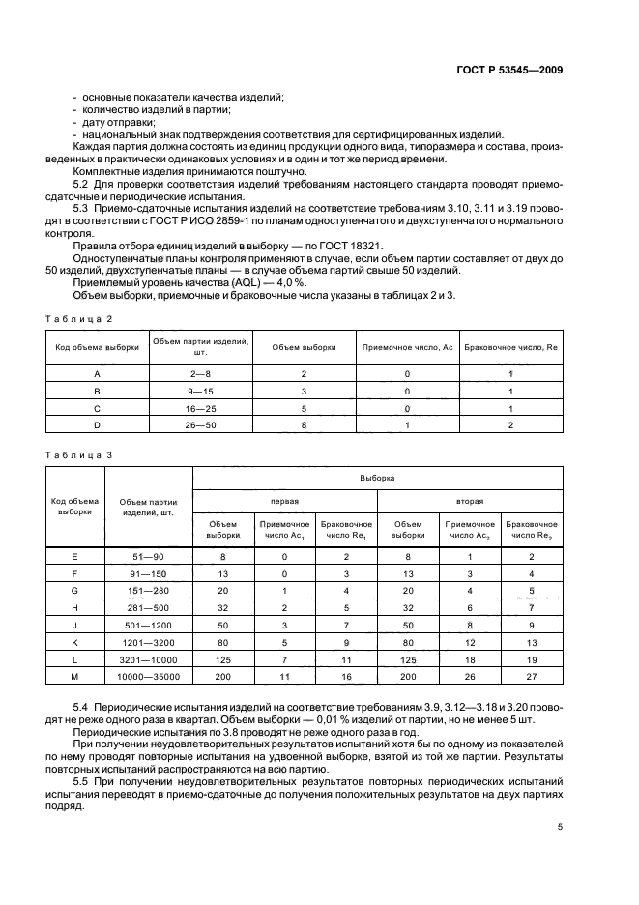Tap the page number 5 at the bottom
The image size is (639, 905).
[x=560, y=827]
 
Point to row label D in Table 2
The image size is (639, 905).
[x=97, y=423]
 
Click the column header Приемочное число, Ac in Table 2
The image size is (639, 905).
[x=407, y=346]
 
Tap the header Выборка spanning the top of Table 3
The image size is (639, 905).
[x=379, y=477]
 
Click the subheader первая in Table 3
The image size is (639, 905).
[x=285, y=502]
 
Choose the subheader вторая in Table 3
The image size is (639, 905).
[x=470, y=502]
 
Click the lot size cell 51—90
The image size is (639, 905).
[x=148, y=557]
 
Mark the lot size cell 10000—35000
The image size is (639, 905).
[x=148, y=677]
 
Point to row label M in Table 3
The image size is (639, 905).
[x=75, y=677]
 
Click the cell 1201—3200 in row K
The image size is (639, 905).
[x=148, y=642]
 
